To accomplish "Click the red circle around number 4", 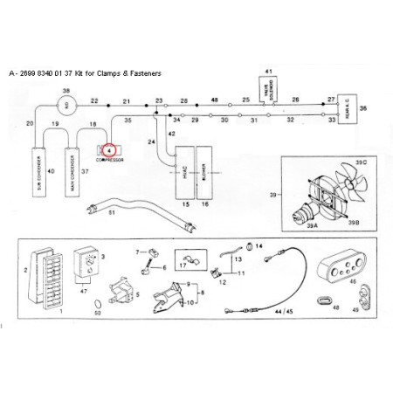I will (x=109, y=150).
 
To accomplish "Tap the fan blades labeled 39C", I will (x=341, y=189).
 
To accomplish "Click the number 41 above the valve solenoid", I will (x=268, y=69).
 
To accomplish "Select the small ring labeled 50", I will (x=98, y=300).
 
